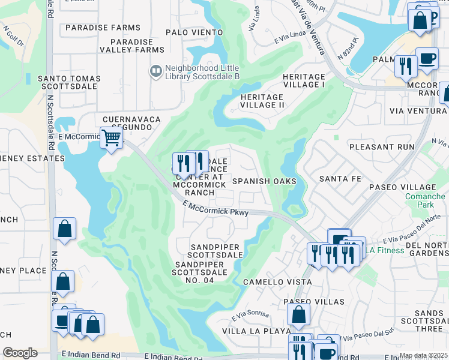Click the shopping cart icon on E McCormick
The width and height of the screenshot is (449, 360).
coord(111,138)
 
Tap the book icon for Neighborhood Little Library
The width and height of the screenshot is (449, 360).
coord(156,71)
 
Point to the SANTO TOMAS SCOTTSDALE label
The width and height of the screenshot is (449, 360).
coord(67,82)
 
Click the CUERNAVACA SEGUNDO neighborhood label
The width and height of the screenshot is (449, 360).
coord(131,124)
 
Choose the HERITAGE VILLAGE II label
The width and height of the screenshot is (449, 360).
coord(262,101)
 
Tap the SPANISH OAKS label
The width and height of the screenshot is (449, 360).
coord(264,181)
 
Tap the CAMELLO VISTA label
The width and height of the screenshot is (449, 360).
coord(270,281)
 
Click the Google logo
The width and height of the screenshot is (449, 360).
coord(20,353)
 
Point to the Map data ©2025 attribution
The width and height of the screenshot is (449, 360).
coord(423,356)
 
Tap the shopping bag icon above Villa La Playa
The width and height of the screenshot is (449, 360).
coord(298,314)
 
